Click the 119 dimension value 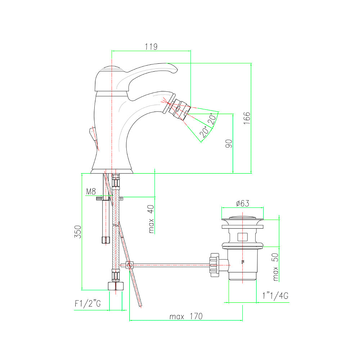[x=151, y=46]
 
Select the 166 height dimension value [x=247, y=118]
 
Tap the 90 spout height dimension [x=229, y=144]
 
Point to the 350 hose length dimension [x=78, y=231]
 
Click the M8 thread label [x=91, y=192]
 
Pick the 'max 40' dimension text [x=151, y=219]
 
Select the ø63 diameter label [x=242, y=203]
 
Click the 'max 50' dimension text [x=275, y=267]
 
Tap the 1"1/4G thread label [x=275, y=296]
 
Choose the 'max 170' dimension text [x=186, y=316]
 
